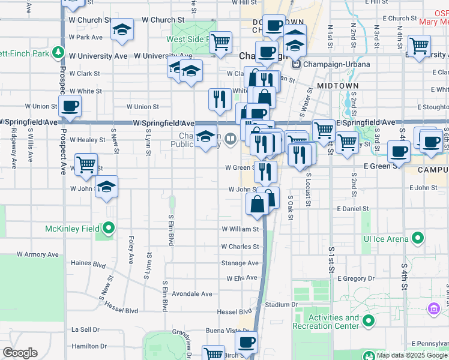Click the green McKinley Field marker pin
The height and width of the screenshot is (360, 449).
[109, 227]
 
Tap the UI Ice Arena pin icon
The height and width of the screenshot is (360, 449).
[419, 239]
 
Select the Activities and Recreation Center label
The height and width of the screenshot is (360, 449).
[325, 322]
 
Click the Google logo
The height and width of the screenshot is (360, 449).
[20, 352]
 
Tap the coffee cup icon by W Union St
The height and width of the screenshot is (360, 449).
[70, 106]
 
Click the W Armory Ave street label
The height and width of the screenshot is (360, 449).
[39, 254]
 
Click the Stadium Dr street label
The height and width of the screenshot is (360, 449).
[281, 305]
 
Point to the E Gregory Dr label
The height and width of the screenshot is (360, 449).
[355, 278]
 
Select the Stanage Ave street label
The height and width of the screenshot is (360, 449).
[240, 263]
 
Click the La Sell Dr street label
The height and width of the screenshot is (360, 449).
[85, 329]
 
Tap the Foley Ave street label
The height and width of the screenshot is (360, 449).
[131, 250]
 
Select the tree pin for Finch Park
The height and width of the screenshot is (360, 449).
[58, 52]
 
